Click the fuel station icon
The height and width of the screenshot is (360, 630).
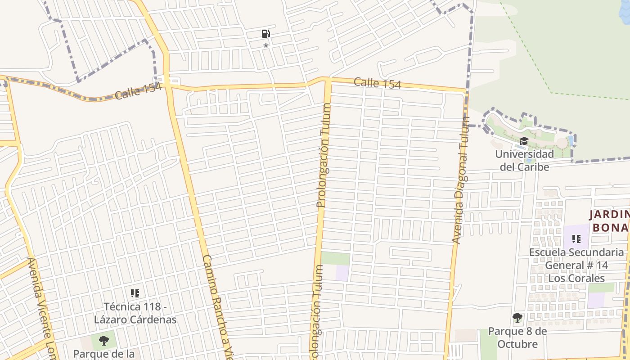(266, 34)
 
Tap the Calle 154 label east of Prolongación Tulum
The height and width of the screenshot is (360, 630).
(377, 83)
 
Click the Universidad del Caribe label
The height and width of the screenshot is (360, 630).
(524, 161)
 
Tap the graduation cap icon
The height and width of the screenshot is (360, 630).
(523, 141)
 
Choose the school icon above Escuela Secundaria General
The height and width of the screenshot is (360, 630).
(576, 239)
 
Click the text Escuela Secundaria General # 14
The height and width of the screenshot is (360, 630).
(577, 259)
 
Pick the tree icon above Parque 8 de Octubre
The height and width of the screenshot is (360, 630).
(517, 318)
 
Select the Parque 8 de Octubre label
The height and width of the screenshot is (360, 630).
(517, 338)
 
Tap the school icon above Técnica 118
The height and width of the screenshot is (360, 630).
(135, 294)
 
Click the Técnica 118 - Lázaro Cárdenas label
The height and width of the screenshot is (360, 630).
(135, 313)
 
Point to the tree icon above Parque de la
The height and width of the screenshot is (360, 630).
(104, 340)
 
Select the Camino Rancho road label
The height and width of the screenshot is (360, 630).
(218, 306)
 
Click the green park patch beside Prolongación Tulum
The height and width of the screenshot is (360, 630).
(335, 259)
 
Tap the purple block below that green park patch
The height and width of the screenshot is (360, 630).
(342, 273)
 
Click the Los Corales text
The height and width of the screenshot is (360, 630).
(576, 278)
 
